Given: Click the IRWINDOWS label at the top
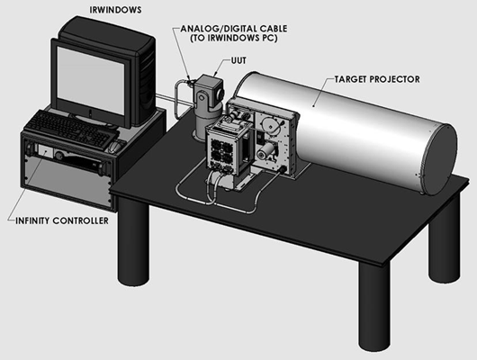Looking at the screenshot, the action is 115,10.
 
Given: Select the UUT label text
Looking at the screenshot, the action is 238,60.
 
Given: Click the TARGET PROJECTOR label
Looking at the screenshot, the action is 377,79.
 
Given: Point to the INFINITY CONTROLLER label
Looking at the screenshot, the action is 62,220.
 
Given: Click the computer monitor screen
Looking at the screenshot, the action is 90,80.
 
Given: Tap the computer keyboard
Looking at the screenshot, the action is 71,129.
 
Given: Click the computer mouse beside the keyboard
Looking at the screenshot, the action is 114,147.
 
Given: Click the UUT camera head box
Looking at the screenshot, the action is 210,88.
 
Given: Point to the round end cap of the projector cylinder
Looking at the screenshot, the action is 438,159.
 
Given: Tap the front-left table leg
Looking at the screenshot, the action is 133,241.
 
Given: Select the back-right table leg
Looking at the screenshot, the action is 444,238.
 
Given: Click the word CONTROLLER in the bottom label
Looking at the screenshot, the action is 81,220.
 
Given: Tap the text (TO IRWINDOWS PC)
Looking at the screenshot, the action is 234,39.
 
